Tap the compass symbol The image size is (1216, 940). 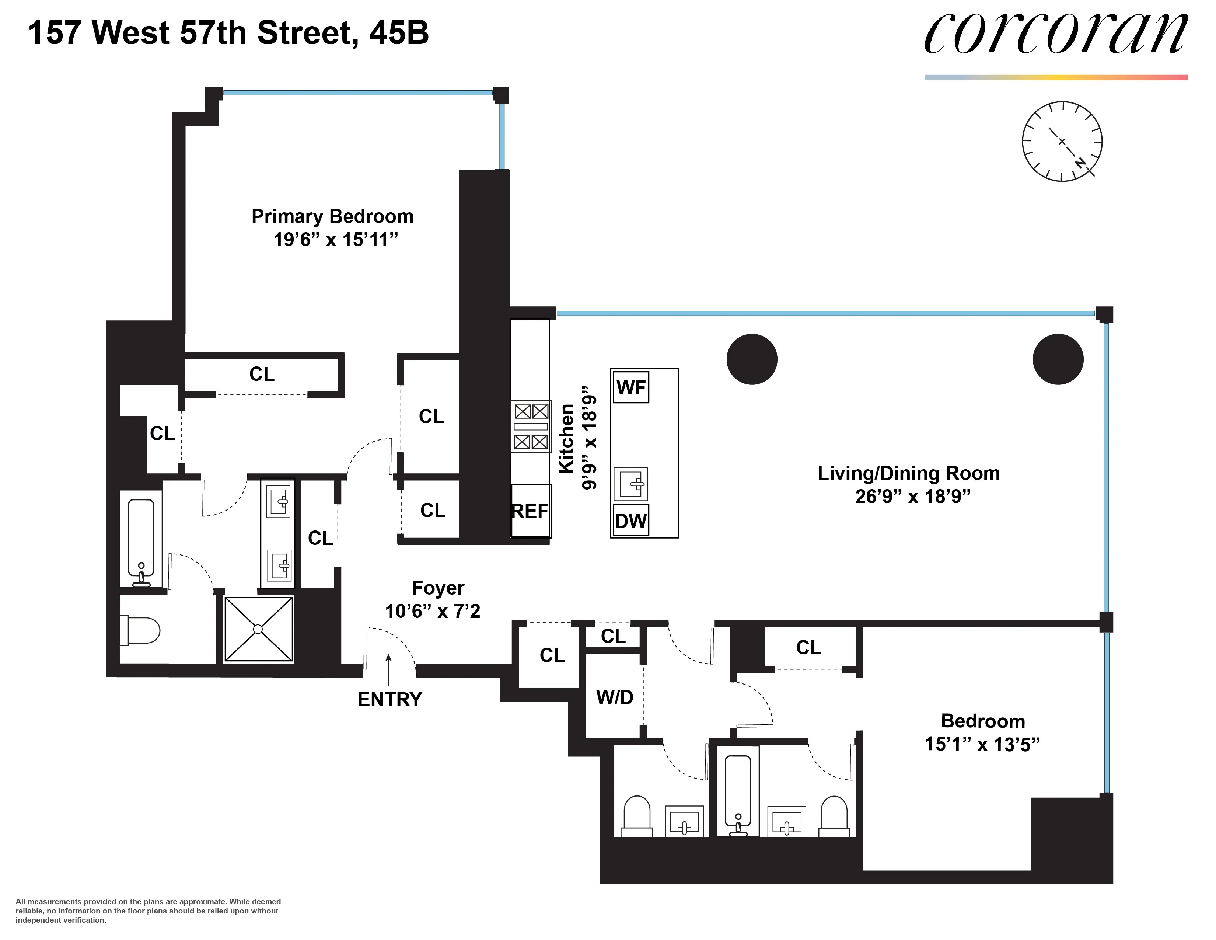pos(1062,142)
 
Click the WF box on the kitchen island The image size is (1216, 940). pos(631,387)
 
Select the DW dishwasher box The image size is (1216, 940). pos(631,521)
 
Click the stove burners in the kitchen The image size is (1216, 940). pos(531,427)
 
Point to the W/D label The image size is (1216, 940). pos(615,697)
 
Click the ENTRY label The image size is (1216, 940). pos(390,699)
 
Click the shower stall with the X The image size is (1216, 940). pos(258,629)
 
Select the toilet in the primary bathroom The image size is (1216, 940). pos(139,630)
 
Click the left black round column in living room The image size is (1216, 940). pos(752,359)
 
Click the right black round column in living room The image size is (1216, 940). pos(1058,359)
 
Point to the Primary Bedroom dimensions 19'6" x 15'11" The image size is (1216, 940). pos(336,240)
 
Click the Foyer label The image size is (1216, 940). pos(438,588)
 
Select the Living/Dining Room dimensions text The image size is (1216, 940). pos(913,496)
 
